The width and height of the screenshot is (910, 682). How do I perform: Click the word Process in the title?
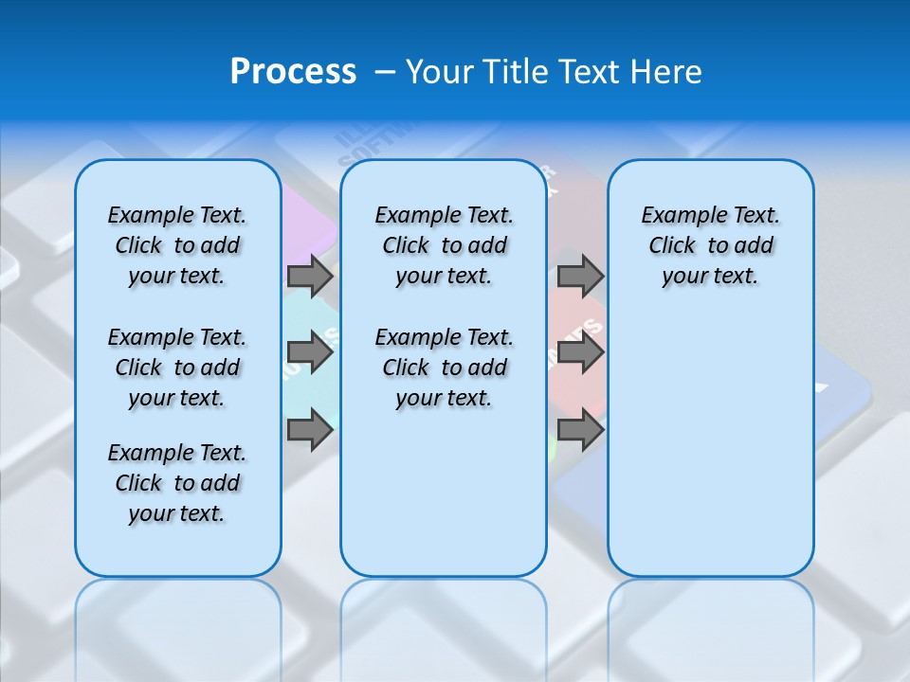point(293,71)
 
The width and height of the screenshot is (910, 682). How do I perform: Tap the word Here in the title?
point(667,72)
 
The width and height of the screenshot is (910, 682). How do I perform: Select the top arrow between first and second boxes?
point(310,276)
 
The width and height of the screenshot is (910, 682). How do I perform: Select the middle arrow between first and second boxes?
point(310,353)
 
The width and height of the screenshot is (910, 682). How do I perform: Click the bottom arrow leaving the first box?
point(310,431)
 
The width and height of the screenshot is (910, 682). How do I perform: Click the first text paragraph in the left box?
point(177,245)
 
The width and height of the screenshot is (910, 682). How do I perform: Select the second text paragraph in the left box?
point(177,368)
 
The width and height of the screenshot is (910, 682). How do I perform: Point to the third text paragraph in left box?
point(177,483)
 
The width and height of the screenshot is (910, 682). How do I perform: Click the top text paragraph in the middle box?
point(444,245)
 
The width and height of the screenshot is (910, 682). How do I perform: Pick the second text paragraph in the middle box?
point(444,368)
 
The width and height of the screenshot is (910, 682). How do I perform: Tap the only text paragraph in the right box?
point(710,245)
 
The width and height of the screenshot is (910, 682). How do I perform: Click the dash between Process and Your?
point(386,72)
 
